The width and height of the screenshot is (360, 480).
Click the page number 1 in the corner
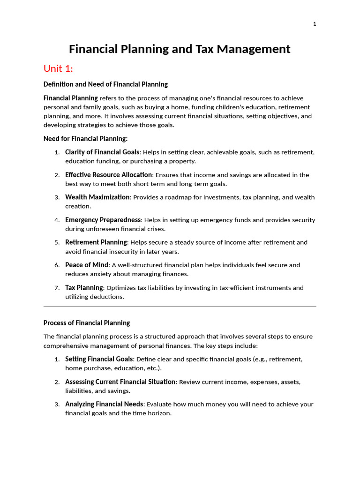315,24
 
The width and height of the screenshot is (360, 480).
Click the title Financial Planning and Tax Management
180,49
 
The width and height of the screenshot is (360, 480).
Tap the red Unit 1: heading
58,69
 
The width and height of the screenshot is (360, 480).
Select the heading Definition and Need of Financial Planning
105,84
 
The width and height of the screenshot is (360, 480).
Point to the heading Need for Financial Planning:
85,139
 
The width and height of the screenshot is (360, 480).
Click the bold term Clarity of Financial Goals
102,152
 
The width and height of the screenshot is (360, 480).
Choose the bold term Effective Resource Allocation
108,175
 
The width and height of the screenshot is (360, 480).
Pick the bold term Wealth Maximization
97,197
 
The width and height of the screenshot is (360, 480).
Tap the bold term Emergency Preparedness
103,220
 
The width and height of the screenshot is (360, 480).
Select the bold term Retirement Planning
96,242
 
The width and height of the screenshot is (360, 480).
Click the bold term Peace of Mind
87,265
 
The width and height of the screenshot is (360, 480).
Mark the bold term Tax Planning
84,288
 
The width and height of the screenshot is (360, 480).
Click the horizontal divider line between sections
180,307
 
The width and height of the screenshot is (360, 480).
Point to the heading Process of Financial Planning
87,323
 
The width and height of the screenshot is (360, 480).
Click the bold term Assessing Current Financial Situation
120,382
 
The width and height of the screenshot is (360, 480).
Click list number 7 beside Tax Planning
57,288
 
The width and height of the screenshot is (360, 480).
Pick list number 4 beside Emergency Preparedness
57,220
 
